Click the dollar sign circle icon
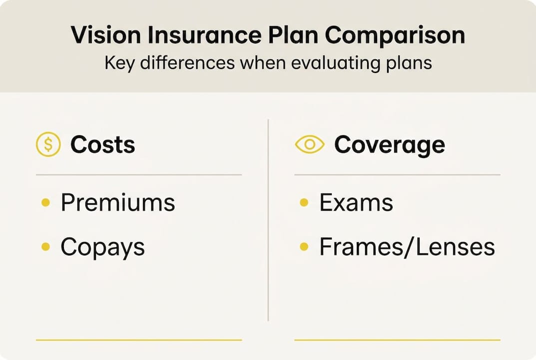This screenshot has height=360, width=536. pos(48,145)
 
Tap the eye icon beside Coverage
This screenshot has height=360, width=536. pos(310,145)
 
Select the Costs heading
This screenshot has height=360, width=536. pos(102,145)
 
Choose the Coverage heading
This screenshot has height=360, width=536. pos(389,145)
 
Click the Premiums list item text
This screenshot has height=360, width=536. pos(118,203)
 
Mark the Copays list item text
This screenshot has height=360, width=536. pos(102,247)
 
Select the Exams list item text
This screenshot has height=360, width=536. pos(356,203)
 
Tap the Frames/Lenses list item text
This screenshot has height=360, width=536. pos(407,247)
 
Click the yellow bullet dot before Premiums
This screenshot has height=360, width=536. pos(45,203)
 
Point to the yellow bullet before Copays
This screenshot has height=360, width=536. pos(45,247)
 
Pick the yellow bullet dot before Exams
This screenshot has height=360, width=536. pos(304,203)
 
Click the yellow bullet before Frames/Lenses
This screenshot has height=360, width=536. pos(304,247)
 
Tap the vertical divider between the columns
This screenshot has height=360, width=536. pos(268,220)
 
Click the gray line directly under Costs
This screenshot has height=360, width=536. pos(139,175)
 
